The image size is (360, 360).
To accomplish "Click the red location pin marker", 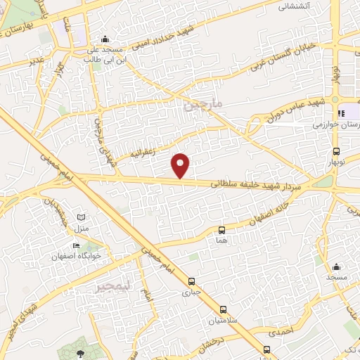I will (x=181, y=165).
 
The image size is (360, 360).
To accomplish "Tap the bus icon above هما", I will (x=222, y=230).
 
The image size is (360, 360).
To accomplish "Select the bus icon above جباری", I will (x=186, y=280).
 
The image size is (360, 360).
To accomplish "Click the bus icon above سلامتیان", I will (x=223, y=309).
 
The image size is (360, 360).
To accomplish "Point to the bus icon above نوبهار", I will (x=336, y=151).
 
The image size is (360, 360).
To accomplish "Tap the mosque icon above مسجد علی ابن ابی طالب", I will (x=105, y=39).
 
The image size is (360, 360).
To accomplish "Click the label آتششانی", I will (x=295, y=6).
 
